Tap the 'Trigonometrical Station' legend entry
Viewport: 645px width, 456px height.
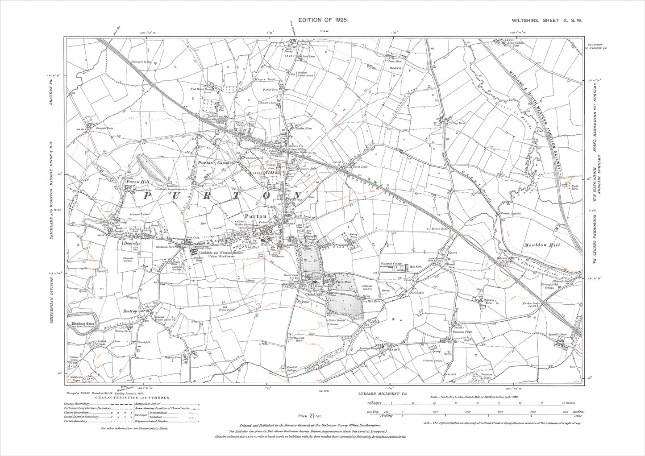(151, 421)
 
